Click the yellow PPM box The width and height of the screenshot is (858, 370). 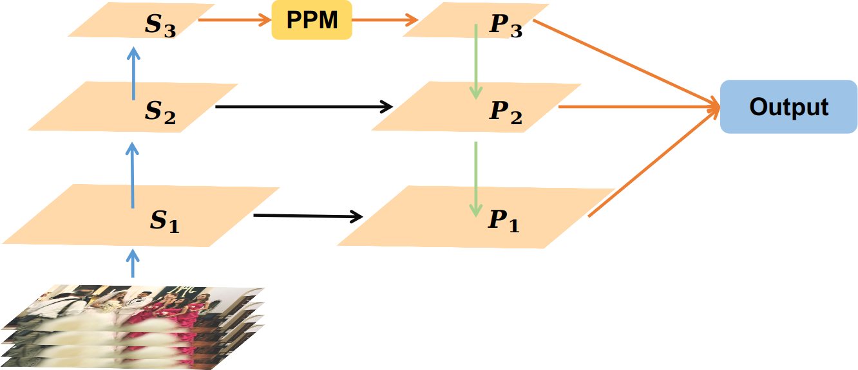click(312, 21)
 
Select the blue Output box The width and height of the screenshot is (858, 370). click(788, 107)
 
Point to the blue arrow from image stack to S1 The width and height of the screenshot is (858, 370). click(133, 264)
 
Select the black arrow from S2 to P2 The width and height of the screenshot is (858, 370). click(303, 107)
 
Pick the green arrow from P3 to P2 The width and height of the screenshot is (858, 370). click(475, 61)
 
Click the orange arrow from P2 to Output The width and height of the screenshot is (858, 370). click(638, 107)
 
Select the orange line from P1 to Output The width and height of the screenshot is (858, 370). click(651, 165)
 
